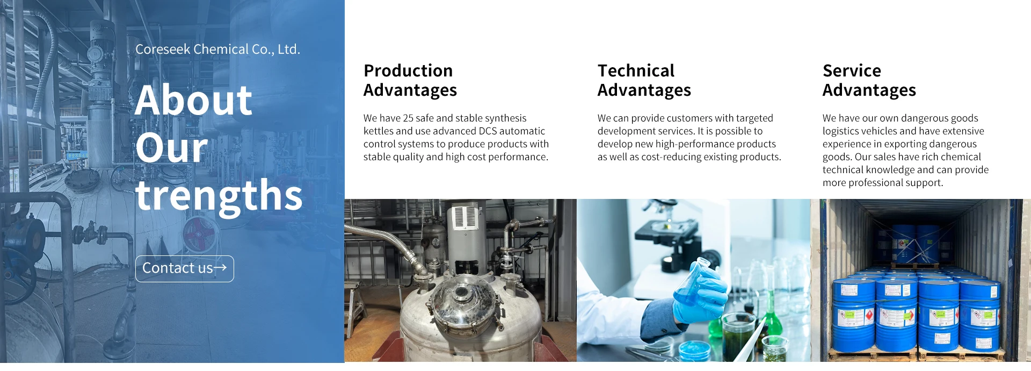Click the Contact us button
tap(184, 269)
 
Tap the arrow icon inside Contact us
tap(220, 267)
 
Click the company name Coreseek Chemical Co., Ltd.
tap(217, 49)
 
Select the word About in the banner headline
tap(193, 101)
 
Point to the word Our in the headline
tap(171, 148)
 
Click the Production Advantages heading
tap(410, 80)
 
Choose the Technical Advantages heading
tap(644, 80)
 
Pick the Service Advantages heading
tap(869, 80)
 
